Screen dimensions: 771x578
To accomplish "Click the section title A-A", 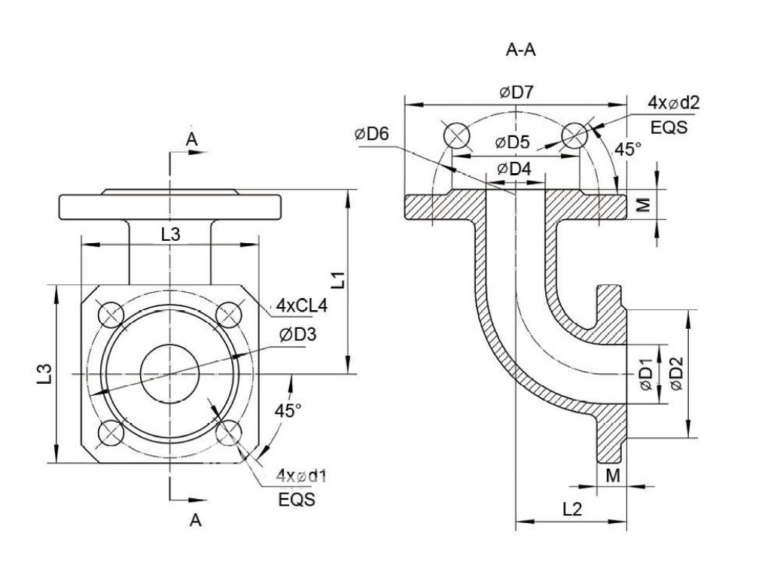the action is pos(521,50).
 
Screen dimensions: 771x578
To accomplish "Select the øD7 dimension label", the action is pos(517,93).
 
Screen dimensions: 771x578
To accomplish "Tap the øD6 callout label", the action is pos(372,134).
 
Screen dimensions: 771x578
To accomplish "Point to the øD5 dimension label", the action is pos(512,142).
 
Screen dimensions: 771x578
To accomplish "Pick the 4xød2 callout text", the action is pos(673,102).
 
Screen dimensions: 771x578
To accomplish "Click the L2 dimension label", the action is pos(572,509).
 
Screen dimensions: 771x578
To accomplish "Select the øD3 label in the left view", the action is pos(298,335).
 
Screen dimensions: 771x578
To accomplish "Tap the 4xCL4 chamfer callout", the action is pos(301,306).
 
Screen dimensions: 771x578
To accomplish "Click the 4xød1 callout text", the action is pos(301,476).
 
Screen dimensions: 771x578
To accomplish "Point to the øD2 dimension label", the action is pos(677,373).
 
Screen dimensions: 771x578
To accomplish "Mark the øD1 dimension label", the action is pos(647,375).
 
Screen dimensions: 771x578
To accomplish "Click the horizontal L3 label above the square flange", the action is pos(171,235).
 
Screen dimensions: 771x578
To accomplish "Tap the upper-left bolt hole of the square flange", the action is pos(111,315).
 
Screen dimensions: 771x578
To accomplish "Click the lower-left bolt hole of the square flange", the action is pos(111,433).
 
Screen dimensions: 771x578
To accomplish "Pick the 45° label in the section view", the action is pos(628,149).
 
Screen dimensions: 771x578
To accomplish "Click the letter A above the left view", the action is pos(191,139).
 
